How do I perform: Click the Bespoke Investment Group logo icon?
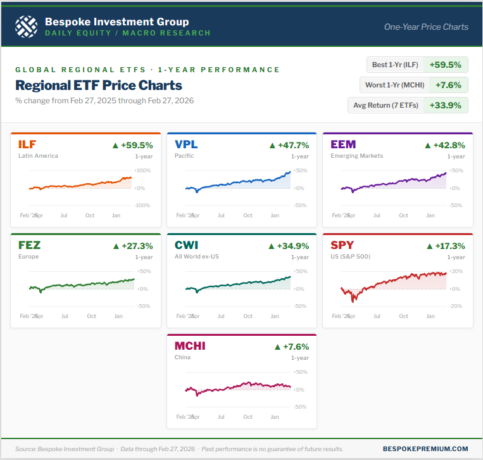tap(26, 27)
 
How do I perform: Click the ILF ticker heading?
tap(28, 144)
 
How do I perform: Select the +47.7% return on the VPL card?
tap(294, 145)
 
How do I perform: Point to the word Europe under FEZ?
tap(28, 257)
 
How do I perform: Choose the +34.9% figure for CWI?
tap(294, 246)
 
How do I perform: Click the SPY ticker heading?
tap(342, 245)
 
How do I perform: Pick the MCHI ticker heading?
tap(190, 346)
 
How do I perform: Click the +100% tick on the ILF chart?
tap(142, 170)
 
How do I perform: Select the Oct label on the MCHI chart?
tap(248, 417)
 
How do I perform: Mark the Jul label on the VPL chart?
tap(221, 215)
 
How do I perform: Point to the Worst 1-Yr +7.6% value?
tap(448, 85)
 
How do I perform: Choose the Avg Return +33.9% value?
tap(446, 105)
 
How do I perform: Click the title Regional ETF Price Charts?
tap(98, 85)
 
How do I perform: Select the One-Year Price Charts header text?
tap(426, 27)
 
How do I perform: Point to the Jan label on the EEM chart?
tap(430, 215)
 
